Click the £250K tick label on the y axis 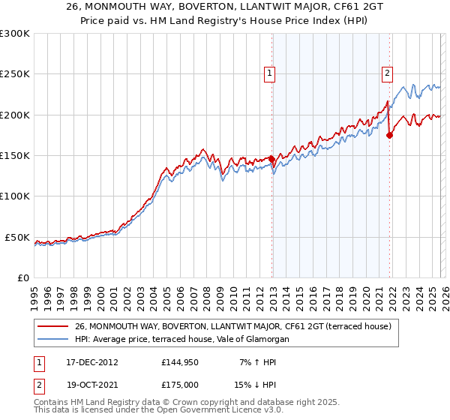tap(15, 74)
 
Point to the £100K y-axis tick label tap(15, 196)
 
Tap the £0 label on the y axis tap(22, 277)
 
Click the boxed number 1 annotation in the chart tap(268, 73)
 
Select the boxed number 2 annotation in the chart tap(387, 73)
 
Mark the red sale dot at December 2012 tap(272, 159)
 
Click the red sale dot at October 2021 tap(389, 135)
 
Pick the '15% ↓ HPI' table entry tap(254, 383)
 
